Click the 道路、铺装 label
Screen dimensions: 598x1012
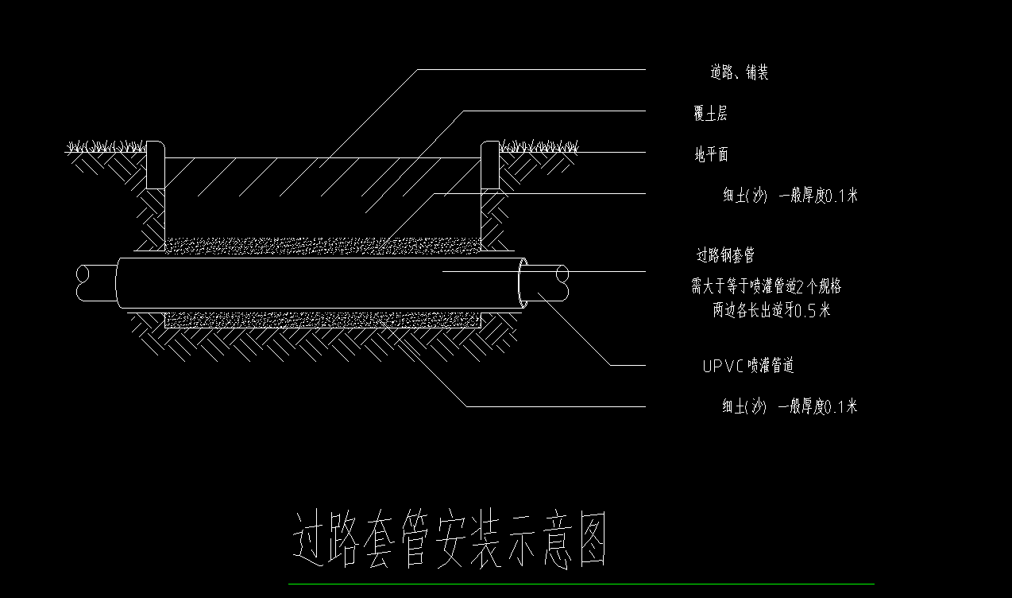(739, 73)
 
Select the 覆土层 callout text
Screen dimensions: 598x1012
(709, 114)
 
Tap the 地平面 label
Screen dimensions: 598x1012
(711, 155)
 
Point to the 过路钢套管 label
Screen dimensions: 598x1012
(724, 255)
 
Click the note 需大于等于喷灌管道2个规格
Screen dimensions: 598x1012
(766, 286)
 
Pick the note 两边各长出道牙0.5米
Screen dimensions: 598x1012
(771, 310)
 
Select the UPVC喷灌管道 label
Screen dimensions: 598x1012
(748, 366)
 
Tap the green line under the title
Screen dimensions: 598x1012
(581, 584)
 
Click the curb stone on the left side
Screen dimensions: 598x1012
(156, 165)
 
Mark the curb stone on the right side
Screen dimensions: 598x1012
(489, 165)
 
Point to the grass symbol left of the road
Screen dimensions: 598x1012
(106, 147)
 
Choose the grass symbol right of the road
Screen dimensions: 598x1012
(539, 147)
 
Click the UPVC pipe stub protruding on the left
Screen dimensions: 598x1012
(95, 283)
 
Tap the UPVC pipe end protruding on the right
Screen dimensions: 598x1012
(548, 283)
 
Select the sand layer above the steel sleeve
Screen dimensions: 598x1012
(322, 246)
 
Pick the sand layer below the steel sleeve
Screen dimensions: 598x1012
(322, 319)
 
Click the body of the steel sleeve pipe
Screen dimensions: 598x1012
(318, 282)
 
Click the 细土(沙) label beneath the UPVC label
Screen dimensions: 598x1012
(790, 407)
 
